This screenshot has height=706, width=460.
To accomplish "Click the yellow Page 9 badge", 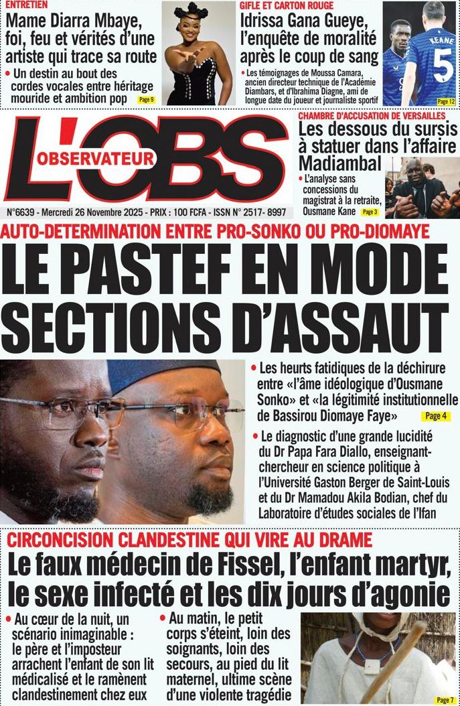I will [146, 100].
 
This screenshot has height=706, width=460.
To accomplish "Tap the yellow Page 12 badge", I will [446, 102].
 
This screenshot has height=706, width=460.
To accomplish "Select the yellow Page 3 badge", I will [370, 212].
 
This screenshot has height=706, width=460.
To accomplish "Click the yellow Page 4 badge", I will [435, 416].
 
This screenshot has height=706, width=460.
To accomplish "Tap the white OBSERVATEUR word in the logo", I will [96, 159].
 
